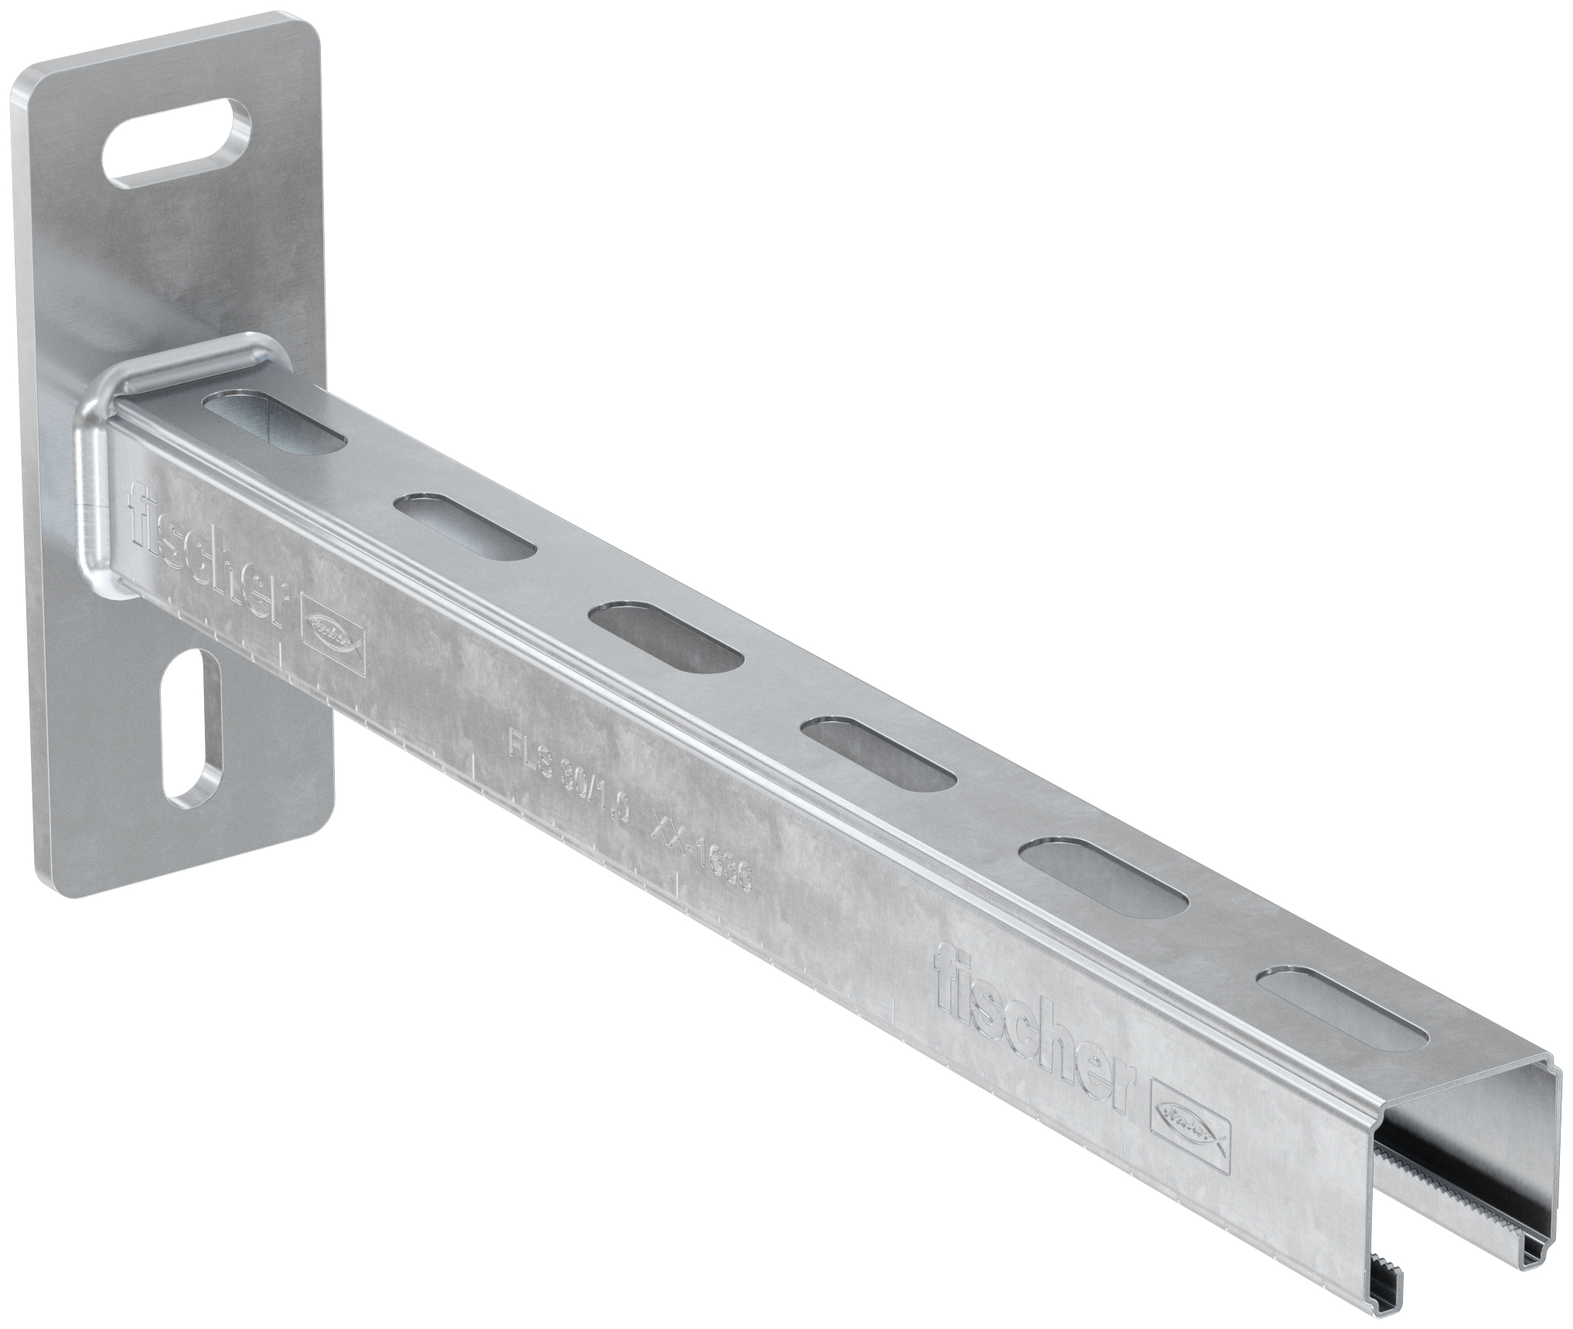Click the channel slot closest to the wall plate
pyautogui.click(x=275, y=424)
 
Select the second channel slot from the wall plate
pyautogui.click(x=465, y=526)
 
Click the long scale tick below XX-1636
pyautogui.click(x=677, y=889)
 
